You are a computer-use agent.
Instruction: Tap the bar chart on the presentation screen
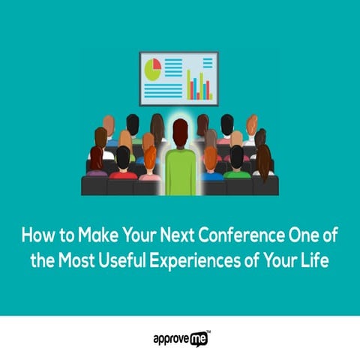[200, 85]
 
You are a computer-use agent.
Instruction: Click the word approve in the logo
[167, 339]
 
